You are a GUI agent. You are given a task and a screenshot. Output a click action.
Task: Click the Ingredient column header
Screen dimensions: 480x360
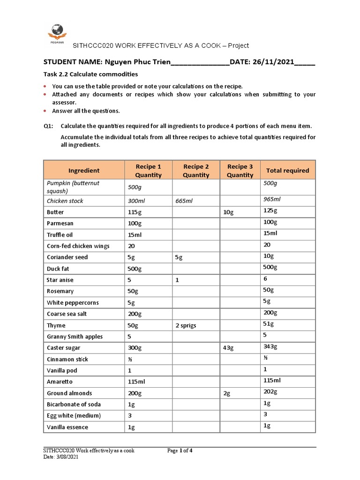83,171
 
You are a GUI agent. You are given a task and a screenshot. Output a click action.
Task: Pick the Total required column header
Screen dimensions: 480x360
287,171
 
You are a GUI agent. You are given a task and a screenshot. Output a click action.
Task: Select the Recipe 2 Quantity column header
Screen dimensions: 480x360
196,171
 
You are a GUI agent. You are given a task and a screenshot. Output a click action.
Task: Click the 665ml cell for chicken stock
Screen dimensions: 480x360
184,201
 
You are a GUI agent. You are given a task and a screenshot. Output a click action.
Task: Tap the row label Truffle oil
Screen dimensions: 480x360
60,235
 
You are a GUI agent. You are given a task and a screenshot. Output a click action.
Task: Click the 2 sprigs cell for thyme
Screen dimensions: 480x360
186,326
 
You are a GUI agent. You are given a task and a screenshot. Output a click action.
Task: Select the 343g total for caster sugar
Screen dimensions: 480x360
271,346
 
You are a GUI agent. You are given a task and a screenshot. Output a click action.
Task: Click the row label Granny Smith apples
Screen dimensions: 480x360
75,337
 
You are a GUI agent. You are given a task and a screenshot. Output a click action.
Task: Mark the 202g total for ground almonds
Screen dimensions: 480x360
270,392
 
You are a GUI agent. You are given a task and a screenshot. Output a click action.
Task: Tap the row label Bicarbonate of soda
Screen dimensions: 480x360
74,405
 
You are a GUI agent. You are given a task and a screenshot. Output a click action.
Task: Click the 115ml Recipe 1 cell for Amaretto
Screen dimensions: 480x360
135,382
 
